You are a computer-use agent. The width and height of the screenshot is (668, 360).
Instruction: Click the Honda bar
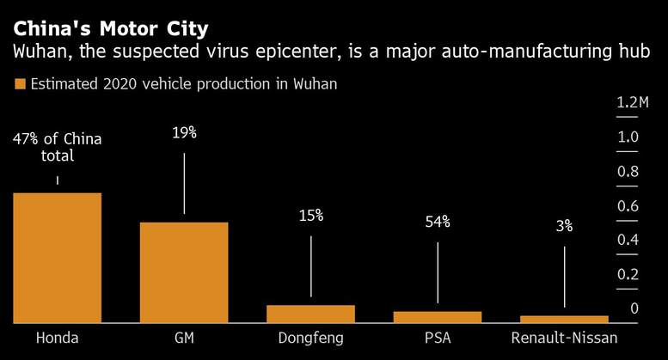click(x=57, y=258)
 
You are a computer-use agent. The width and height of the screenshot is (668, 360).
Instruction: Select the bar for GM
click(x=184, y=272)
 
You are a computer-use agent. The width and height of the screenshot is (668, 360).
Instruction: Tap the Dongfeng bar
click(x=310, y=314)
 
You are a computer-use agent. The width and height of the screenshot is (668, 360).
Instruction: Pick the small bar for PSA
click(x=438, y=317)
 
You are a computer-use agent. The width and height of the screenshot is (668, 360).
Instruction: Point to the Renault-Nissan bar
click(x=564, y=319)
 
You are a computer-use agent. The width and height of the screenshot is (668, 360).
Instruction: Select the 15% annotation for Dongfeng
click(x=310, y=216)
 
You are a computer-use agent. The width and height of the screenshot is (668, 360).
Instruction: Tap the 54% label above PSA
click(x=438, y=222)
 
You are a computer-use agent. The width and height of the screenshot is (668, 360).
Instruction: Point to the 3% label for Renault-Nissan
click(x=564, y=226)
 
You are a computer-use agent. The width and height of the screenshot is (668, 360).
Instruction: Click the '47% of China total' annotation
click(x=57, y=148)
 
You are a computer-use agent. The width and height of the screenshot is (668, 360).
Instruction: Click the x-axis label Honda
click(x=57, y=338)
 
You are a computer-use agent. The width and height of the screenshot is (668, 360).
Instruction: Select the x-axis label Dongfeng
click(x=310, y=338)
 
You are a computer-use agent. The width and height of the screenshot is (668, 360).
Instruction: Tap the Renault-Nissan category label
click(x=564, y=338)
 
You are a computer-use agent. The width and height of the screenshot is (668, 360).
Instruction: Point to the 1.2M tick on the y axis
click(x=632, y=103)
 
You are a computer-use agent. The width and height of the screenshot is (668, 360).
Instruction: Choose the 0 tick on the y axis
click(x=634, y=308)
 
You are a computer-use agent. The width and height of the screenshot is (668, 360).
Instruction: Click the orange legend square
click(x=19, y=84)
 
